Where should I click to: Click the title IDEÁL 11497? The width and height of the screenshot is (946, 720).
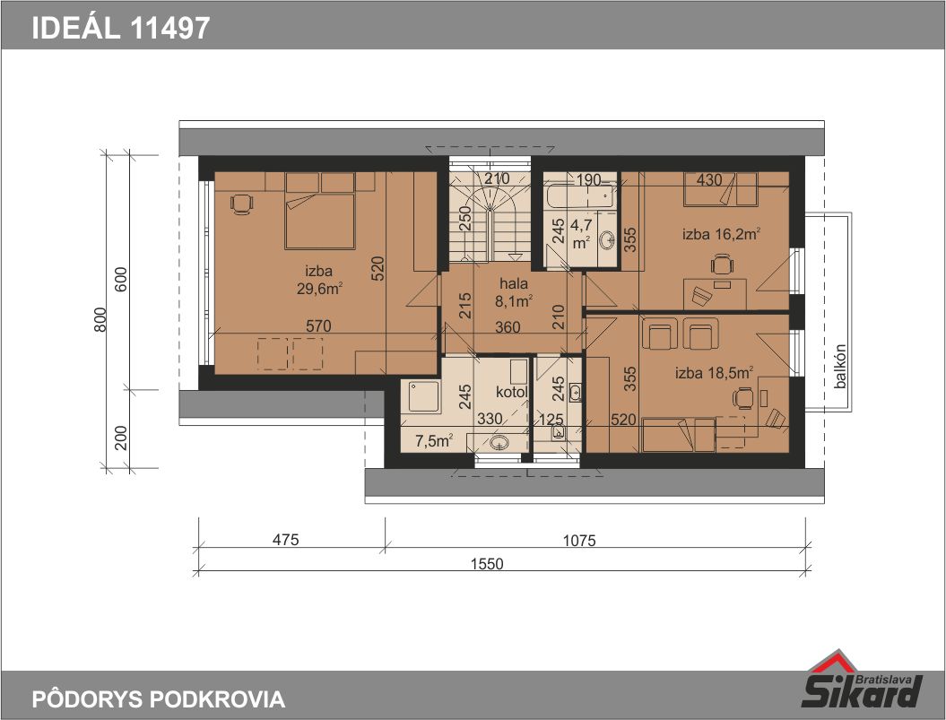(121, 27)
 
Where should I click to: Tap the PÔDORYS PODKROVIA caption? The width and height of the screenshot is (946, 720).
(158, 698)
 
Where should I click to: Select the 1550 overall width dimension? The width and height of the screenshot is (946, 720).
(487, 564)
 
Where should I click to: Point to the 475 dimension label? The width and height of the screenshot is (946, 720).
(285, 539)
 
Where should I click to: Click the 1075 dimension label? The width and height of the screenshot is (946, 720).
(579, 540)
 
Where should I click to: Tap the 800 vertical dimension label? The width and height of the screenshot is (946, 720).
(100, 320)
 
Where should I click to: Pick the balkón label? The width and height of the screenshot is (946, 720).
(840, 367)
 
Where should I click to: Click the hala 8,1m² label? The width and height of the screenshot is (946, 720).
(514, 292)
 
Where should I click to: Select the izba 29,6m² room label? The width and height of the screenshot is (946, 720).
(319, 280)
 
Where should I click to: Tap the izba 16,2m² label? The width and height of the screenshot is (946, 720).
(721, 233)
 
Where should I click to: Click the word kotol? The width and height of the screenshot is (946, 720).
(512, 393)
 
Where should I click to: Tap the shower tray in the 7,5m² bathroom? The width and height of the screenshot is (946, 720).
(423, 396)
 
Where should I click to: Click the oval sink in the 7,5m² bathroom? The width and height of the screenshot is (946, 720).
(499, 443)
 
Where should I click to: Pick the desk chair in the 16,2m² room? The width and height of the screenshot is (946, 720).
(721, 265)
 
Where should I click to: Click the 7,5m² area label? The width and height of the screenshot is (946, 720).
(434, 441)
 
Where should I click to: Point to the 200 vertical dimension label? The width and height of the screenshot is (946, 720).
(121, 438)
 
